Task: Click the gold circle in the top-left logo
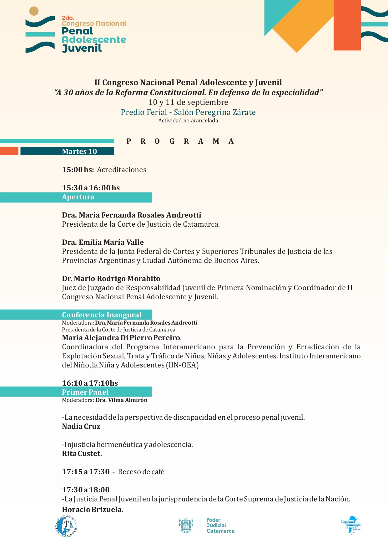click(x=34, y=11)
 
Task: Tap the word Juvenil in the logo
click(x=82, y=48)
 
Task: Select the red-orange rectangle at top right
click(x=347, y=25)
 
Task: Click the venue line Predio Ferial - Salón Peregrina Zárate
click(x=188, y=112)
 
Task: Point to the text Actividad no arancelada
click(x=188, y=121)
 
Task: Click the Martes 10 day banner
click(x=79, y=151)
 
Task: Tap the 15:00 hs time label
click(x=78, y=170)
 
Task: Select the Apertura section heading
click(x=78, y=197)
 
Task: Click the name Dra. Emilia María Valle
click(x=103, y=242)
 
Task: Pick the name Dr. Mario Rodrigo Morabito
click(x=111, y=279)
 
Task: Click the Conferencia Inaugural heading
click(x=102, y=315)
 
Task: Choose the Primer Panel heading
click(x=85, y=392)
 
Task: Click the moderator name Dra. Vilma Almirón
click(x=121, y=400)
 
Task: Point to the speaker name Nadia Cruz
click(x=81, y=426)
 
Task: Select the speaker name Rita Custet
click(x=82, y=454)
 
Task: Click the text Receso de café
click(x=141, y=472)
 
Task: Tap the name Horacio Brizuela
click(x=93, y=510)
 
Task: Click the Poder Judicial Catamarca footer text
click(x=220, y=525)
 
